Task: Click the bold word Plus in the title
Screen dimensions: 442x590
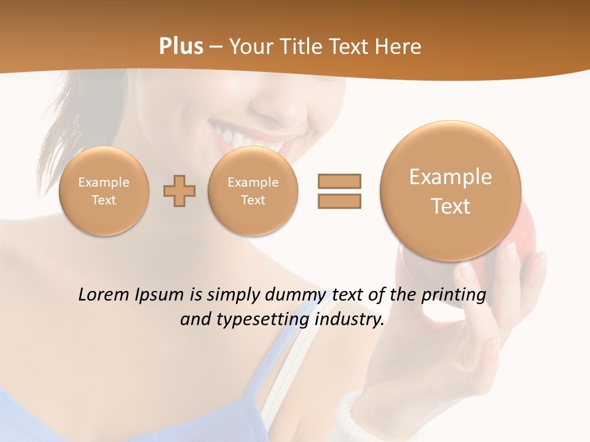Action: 181,47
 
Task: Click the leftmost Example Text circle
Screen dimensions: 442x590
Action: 104,191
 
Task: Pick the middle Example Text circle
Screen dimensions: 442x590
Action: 253,191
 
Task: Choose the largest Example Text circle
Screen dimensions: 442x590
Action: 450,191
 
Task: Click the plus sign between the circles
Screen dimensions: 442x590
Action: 179,191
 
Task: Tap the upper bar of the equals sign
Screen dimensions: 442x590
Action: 339,181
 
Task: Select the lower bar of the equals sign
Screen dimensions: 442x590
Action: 339,201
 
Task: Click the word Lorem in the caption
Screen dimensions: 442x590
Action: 104,295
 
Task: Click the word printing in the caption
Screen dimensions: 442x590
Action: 454,295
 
